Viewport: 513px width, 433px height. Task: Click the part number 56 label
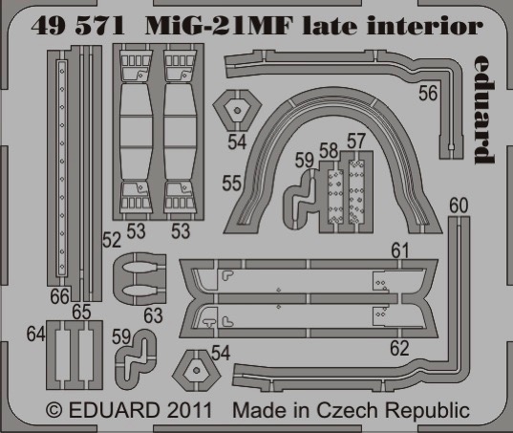[x=428, y=93]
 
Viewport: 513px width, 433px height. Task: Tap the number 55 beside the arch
[x=231, y=183]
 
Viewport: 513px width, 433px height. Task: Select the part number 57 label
[x=356, y=141]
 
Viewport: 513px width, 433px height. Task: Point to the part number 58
[x=329, y=151]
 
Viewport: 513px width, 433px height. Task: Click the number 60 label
[x=459, y=206]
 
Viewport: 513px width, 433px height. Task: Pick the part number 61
[x=400, y=250]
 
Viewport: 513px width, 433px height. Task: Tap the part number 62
[x=399, y=348]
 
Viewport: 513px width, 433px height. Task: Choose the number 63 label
[x=153, y=315]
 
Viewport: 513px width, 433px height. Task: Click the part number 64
[x=35, y=335]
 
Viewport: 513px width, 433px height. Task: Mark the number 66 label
[x=60, y=296]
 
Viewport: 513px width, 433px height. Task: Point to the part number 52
[x=112, y=240]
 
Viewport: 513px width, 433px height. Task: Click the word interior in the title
[x=425, y=26]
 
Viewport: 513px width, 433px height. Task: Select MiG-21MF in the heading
[x=218, y=26]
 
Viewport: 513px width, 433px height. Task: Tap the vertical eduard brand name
[x=484, y=109]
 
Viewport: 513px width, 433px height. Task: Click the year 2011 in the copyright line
[x=189, y=410]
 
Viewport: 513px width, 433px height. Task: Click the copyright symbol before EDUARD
[x=54, y=410]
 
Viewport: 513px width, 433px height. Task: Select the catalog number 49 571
[x=78, y=26]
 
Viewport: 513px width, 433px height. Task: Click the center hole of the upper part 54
[x=238, y=111]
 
